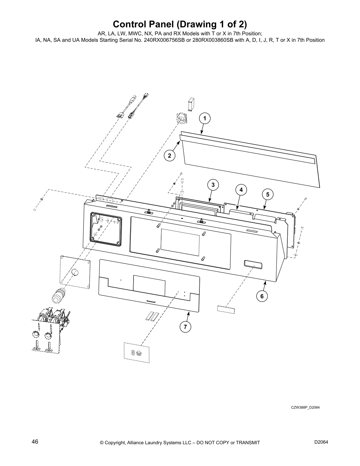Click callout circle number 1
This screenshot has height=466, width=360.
pos(205,119)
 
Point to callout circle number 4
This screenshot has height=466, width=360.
pos(241,190)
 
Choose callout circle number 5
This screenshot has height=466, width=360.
pos(268,194)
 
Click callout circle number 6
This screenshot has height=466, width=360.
pos(262,296)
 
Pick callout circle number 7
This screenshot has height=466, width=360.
pos(185,327)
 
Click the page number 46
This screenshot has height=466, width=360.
pos(35,442)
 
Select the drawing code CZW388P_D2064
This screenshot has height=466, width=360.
pos(305,407)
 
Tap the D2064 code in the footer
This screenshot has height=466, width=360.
pos(321,442)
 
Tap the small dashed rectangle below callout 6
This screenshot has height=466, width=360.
pos(226,309)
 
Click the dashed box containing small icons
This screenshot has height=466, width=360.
pos(136,351)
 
